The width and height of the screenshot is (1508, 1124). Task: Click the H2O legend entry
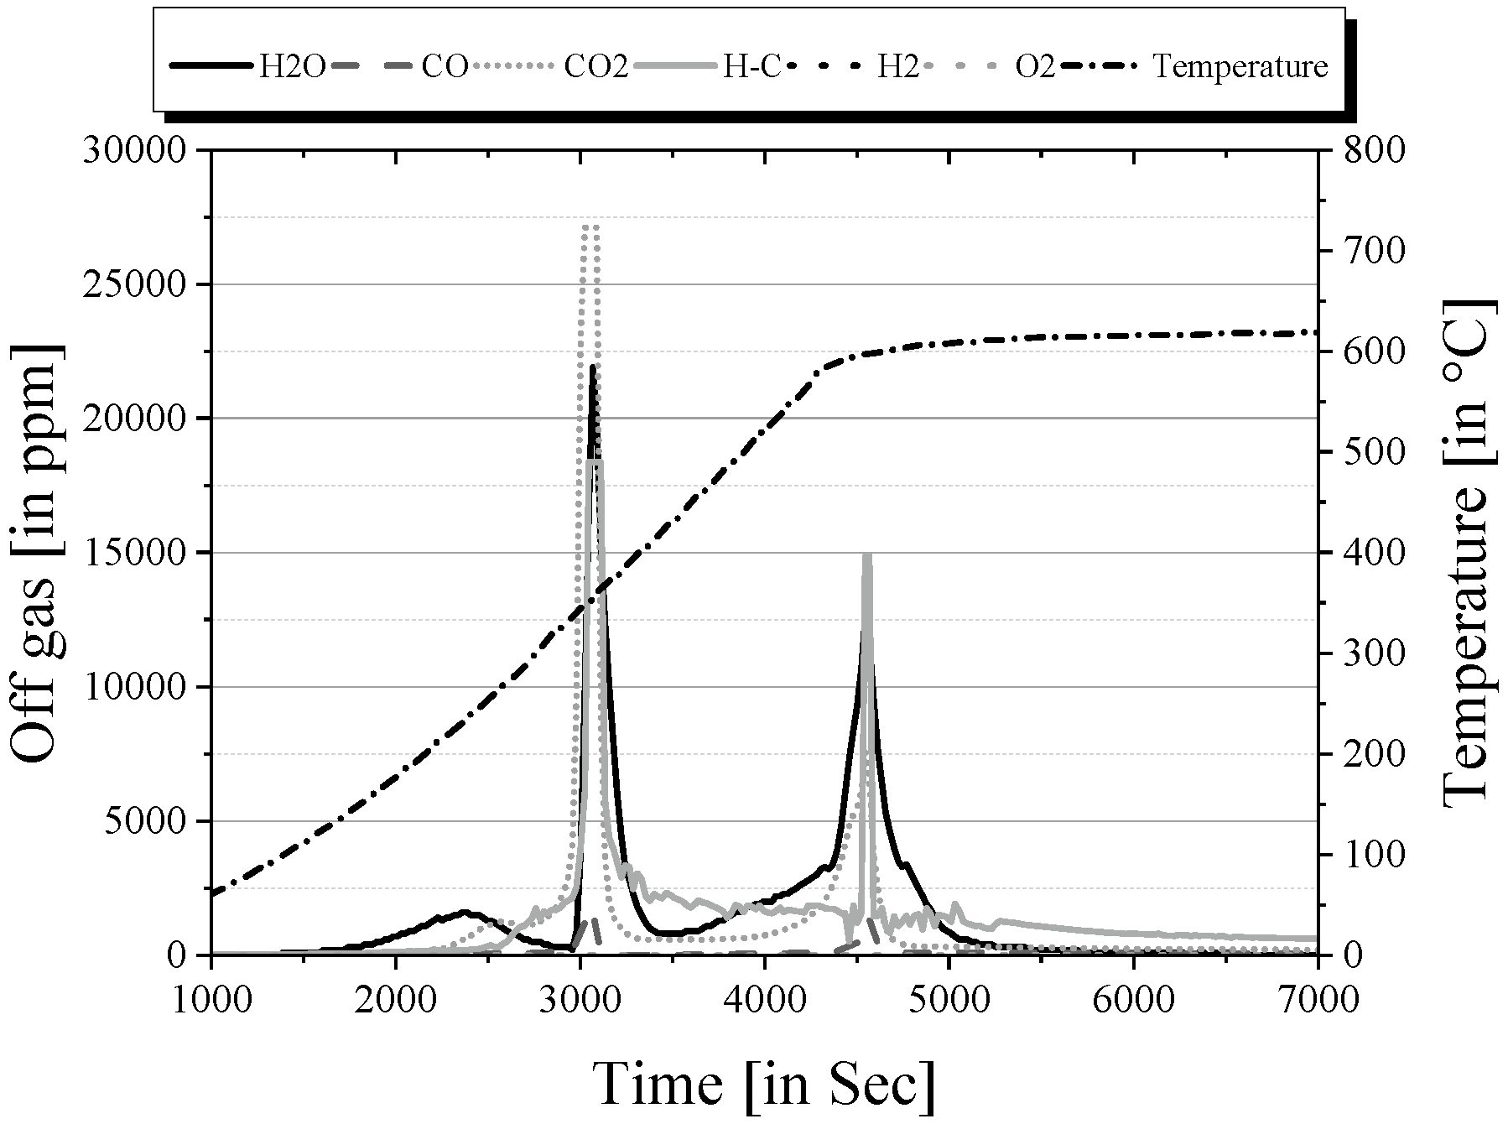[290, 67]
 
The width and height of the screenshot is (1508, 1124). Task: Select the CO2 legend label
[596, 67]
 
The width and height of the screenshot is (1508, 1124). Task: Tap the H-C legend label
[751, 67]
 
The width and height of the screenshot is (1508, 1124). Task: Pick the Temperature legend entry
[1240, 67]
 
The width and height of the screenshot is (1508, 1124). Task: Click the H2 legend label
[897, 67]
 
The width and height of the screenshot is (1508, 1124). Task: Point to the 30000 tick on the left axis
[134, 150]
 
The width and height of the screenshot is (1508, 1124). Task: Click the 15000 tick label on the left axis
[134, 553]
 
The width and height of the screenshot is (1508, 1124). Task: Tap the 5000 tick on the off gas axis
[144, 821]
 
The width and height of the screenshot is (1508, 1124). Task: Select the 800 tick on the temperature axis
[1369, 150]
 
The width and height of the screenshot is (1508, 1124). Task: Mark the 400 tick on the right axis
[1369, 553]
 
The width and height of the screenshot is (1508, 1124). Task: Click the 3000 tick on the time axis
[580, 1000]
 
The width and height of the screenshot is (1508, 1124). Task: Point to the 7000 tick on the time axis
[1318, 1000]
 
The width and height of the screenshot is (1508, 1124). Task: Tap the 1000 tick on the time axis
[211, 1000]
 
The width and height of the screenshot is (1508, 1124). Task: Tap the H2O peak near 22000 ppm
[593, 367]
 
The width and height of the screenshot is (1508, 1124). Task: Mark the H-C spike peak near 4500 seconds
[867, 555]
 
